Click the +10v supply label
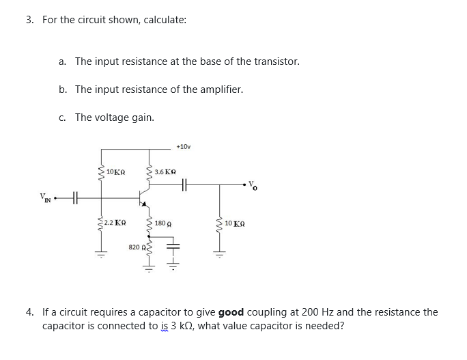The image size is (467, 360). [182, 146]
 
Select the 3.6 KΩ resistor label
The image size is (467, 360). [166, 171]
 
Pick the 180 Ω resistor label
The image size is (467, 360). [162, 223]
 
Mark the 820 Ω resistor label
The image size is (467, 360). [136, 247]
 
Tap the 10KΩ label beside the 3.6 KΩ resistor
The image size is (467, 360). [115, 171]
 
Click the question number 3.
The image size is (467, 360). [29, 20]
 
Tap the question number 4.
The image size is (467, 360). [29, 312]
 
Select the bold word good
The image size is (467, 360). [231, 312]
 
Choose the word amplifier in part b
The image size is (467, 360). [220, 89]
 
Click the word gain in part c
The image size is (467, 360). [142, 117]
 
